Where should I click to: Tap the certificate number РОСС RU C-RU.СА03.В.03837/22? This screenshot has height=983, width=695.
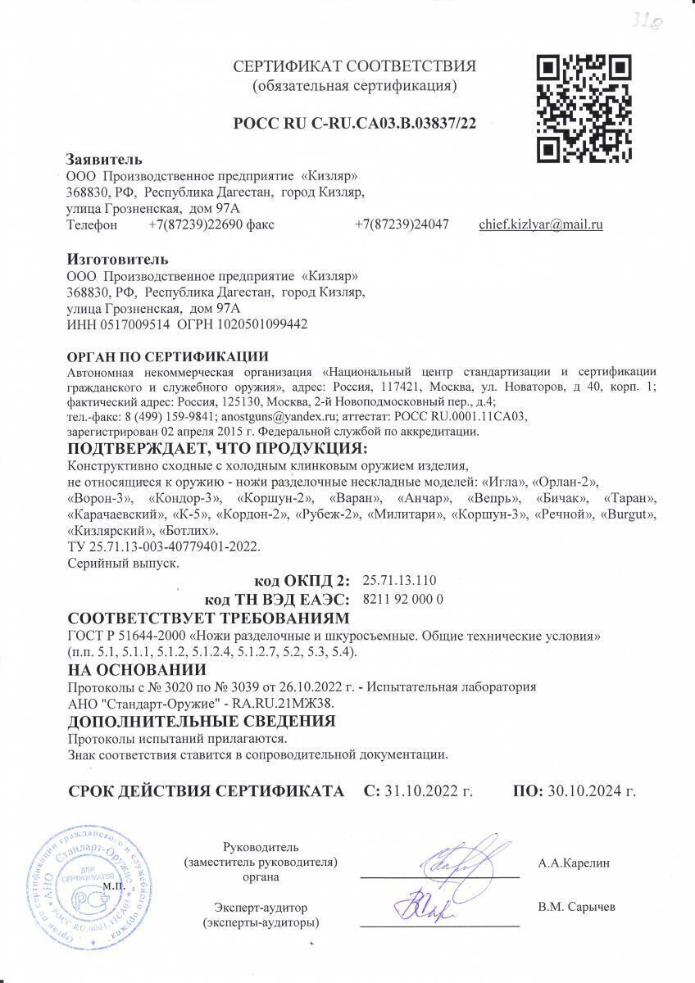(x=355, y=124)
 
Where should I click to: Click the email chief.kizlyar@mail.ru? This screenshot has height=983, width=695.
(x=541, y=224)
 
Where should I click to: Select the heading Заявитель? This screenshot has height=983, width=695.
(x=104, y=159)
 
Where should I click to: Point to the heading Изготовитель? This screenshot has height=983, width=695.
(x=116, y=260)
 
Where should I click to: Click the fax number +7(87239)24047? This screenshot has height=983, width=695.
(x=402, y=224)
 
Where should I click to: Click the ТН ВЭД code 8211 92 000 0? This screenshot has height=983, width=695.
(x=402, y=599)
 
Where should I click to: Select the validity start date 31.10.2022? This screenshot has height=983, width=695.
(x=418, y=791)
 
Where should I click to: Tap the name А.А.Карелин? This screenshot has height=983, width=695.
(x=575, y=863)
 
